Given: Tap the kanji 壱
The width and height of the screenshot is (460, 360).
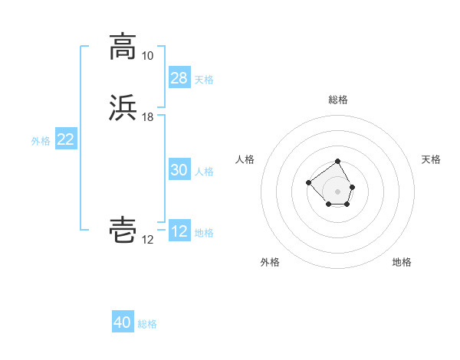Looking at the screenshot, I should coord(123,231).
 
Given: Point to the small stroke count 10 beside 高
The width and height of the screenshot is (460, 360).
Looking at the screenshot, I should coord(147,55).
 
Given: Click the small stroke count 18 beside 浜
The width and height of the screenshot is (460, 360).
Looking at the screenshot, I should coord(147,117).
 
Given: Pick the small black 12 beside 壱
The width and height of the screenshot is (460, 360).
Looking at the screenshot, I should coord(147,240).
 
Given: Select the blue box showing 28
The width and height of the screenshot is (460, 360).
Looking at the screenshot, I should coord(179,77).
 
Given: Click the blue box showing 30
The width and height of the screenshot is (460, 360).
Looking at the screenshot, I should coord(179,170).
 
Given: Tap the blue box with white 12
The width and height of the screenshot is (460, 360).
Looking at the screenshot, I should coord(179,231).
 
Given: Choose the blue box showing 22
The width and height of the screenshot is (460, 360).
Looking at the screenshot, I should coord(65,139).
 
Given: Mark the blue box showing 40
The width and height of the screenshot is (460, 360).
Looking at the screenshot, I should coord(123,322).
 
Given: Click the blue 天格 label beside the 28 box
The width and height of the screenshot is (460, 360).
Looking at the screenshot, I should coord(204,79).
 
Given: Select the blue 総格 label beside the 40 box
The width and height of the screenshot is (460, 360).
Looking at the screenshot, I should coord(147,324).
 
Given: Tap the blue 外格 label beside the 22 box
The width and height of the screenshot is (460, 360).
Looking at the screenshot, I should coord(41,141).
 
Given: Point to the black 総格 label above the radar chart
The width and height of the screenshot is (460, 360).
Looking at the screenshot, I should coord(338,100).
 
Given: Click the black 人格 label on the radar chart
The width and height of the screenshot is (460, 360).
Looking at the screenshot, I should coord(245,159).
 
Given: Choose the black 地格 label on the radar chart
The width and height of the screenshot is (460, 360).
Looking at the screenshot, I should coord(402,262).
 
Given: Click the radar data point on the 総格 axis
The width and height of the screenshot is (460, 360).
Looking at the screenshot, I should coord(338,162).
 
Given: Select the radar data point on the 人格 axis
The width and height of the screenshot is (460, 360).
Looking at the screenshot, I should coord(308,182).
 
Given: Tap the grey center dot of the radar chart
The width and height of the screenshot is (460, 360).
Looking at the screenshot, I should coord(338,191).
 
